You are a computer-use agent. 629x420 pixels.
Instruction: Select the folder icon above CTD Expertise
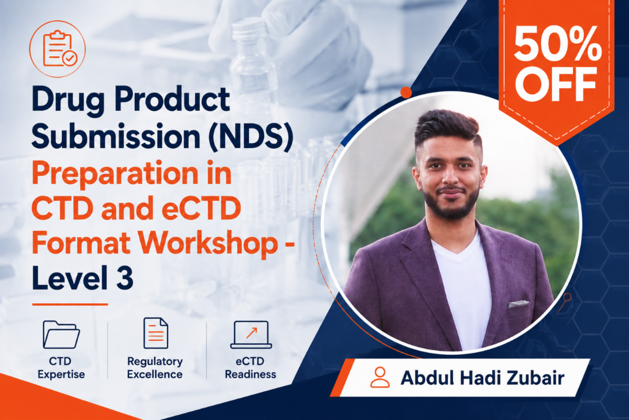tap(61, 334)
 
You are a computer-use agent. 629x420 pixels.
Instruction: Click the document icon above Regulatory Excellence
tap(156, 333)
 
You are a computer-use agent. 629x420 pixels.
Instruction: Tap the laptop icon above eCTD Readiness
tap(251, 335)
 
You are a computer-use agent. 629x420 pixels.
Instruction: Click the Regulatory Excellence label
tap(155, 368)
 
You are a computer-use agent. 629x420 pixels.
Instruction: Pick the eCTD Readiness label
tap(250, 368)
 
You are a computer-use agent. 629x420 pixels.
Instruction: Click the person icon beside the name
tap(380, 377)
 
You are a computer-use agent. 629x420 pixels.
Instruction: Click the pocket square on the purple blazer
tap(518, 304)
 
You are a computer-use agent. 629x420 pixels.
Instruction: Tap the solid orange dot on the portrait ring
tap(406, 92)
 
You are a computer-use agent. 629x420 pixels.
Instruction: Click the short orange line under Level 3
tap(70, 304)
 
